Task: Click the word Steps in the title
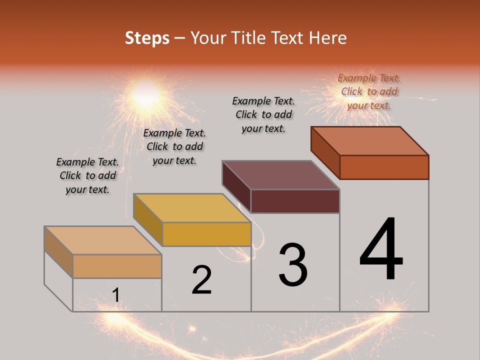point(147,38)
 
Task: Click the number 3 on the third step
point(293,265)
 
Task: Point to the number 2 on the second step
point(202,280)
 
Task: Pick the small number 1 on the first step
point(116,295)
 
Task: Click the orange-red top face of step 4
point(370,141)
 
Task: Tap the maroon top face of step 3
point(281,175)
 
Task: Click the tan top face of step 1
point(103,240)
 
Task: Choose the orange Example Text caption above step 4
point(369,91)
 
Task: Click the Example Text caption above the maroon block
point(263,114)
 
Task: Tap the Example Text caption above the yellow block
point(174,146)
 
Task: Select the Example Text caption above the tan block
point(87,175)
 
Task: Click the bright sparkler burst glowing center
point(145,93)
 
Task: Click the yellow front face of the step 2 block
point(206,234)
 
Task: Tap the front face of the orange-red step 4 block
point(384,167)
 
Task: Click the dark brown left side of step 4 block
point(325,151)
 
